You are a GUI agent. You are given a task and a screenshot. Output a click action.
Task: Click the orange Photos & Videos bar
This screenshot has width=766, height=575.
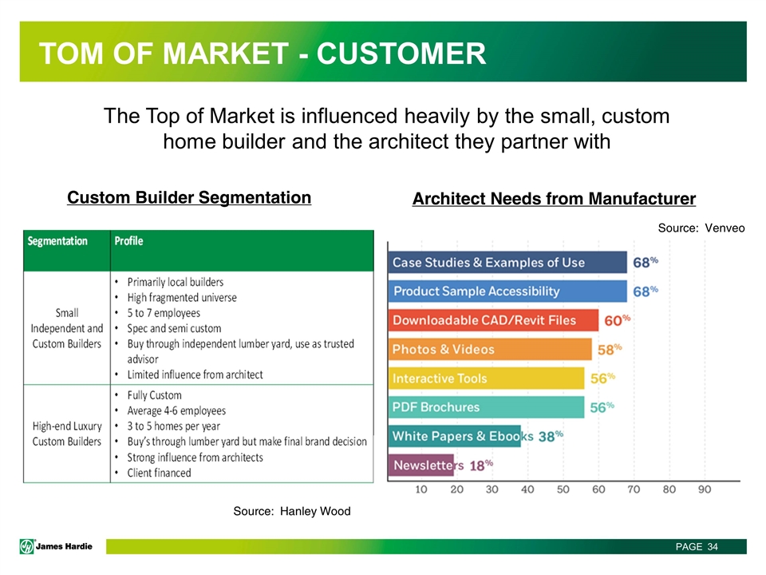[490, 349]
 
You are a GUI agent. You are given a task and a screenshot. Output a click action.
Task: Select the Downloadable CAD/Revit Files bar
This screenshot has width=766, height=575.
[493, 320]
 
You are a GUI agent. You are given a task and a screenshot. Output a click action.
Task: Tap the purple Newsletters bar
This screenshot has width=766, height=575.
[421, 465]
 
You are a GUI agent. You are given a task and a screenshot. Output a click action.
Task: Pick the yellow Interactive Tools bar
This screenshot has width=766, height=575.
[487, 378]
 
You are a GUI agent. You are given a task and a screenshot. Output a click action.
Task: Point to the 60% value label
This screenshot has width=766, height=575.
[618, 320]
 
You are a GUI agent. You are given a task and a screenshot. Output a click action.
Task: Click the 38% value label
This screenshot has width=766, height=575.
[551, 436]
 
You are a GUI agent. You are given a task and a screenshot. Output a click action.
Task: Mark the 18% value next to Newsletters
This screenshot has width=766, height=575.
[481, 465]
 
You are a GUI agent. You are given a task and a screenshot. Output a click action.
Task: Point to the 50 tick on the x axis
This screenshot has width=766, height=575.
[563, 490]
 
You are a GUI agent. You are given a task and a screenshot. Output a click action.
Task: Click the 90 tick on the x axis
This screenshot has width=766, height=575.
[705, 490]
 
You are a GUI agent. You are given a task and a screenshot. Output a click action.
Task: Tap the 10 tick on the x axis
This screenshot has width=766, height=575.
[421, 490]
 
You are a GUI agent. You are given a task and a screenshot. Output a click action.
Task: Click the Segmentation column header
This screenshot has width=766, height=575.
[57, 241]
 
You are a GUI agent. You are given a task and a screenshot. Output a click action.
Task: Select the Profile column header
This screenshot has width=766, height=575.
[129, 241]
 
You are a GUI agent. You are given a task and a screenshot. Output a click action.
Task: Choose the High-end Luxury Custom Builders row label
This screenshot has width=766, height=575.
[67, 434]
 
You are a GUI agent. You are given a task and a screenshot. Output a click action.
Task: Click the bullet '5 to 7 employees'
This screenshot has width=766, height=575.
[164, 313]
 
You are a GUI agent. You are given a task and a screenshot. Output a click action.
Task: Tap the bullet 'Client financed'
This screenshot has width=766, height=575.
[159, 473]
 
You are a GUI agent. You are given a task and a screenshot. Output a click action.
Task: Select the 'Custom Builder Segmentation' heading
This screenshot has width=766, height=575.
[189, 197]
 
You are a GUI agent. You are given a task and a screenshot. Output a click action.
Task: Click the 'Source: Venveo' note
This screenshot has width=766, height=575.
[701, 228]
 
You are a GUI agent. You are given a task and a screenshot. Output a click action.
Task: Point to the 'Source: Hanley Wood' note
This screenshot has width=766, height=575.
[292, 511]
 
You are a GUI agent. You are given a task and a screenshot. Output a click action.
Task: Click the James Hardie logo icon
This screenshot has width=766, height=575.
[27, 546]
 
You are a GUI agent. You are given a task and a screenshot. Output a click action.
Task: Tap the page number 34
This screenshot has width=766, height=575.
[713, 546]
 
